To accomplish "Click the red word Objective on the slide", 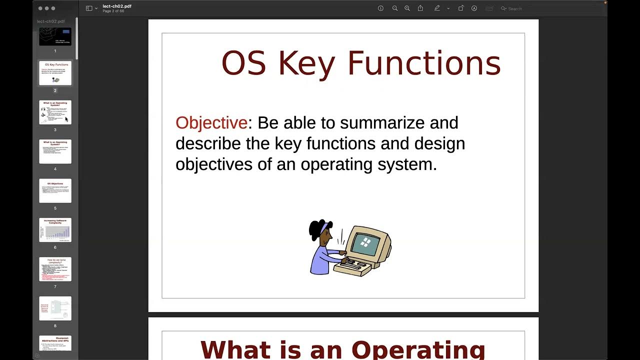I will pos(211,123).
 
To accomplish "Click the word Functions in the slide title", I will pos(424,63).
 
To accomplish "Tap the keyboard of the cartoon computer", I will pos(356,263).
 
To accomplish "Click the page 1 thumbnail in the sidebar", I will pos(55,36).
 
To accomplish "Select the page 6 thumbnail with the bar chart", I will pos(55,230).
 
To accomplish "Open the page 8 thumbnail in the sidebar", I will pos(55,308).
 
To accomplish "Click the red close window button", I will pos(40,8).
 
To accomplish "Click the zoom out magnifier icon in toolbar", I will pos(395,8).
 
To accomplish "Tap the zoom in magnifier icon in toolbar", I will pos(407,8).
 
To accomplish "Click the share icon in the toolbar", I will pos(420,8).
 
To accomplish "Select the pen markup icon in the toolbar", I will pos(437,8).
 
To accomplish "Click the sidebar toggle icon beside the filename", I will pos(89,8).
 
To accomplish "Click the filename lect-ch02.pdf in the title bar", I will pos(117,6).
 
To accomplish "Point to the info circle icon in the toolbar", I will pos(380,8).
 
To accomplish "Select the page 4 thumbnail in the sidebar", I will pos(55,151).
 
